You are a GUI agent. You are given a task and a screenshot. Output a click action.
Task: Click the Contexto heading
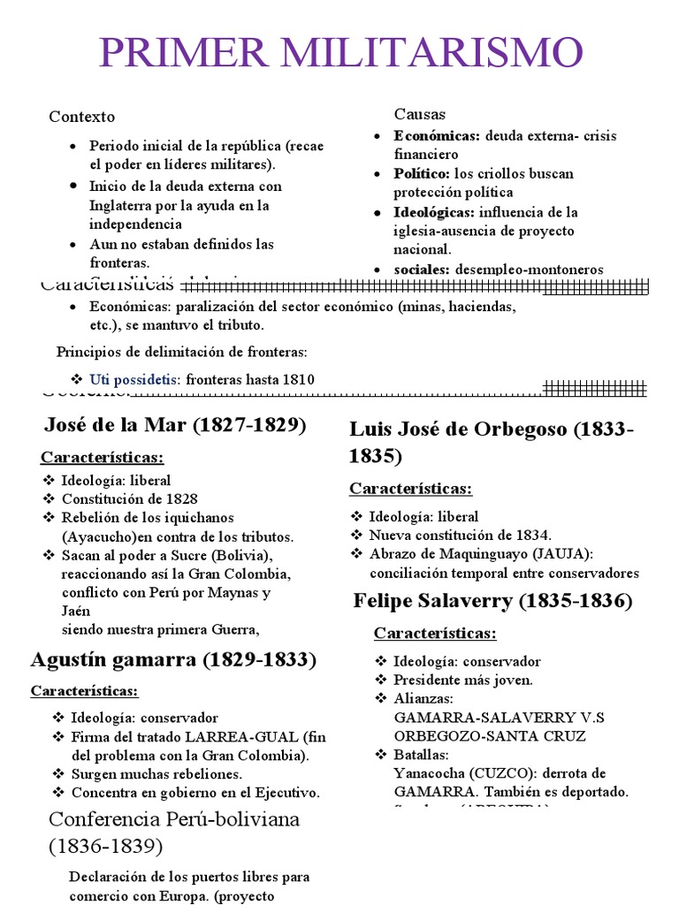[81, 117]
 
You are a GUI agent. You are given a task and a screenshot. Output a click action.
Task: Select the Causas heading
[419, 114]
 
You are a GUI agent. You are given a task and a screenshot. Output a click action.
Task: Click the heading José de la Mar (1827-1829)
[175, 425]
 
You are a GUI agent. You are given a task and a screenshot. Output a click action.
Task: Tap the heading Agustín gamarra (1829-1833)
[173, 659]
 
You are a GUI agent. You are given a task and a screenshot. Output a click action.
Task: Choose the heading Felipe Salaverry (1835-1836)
[492, 602]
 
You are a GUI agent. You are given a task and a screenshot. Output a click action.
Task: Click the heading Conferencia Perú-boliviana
[174, 818]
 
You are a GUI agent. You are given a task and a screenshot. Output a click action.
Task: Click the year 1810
[297, 379]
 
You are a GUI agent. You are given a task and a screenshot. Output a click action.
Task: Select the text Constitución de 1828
[129, 499]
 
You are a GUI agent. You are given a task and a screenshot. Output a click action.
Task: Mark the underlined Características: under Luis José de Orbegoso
[410, 488]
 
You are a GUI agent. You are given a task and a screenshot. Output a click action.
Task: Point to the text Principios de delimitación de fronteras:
[182, 352]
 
